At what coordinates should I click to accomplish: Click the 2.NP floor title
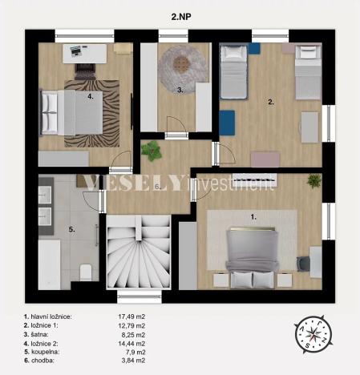(180, 15)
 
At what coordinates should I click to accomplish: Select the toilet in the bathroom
(86, 271)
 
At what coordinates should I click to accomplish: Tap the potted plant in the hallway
(151, 150)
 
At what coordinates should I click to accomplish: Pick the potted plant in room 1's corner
(313, 181)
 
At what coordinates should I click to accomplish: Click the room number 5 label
(71, 230)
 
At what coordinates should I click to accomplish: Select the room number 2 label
(271, 102)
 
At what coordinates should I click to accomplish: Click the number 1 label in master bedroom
(253, 216)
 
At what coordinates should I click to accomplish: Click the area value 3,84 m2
(131, 361)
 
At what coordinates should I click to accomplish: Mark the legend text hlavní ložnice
(53, 317)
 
